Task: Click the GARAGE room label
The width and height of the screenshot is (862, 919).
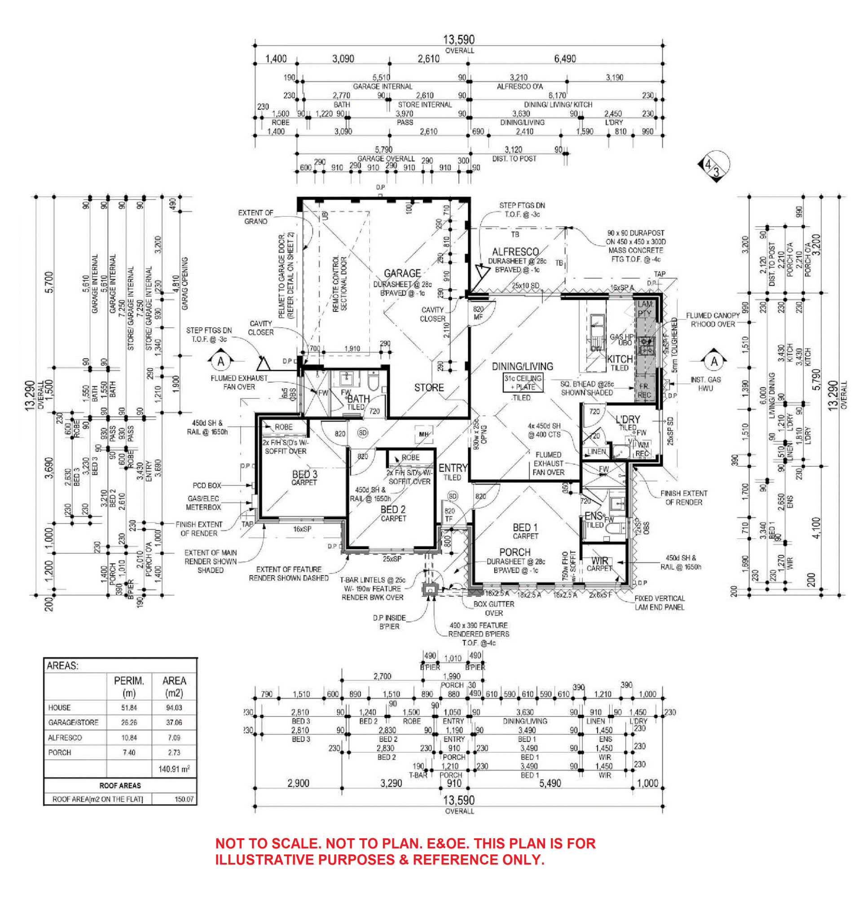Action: click(x=402, y=273)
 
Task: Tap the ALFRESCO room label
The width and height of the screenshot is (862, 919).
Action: click(x=515, y=252)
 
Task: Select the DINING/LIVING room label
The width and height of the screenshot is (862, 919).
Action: click(x=522, y=367)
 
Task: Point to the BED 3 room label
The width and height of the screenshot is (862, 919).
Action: click(x=304, y=474)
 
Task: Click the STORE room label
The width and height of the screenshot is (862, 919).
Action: click(x=429, y=388)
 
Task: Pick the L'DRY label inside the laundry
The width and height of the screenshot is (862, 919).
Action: click(x=628, y=419)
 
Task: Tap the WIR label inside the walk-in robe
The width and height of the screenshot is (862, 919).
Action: click(x=600, y=561)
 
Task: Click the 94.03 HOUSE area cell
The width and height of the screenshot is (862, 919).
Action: click(x=174, y=708)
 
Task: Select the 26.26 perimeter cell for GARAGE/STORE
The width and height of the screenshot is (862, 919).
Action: click(x=129, y=722)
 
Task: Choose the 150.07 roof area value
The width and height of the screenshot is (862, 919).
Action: click(x=184, y=799)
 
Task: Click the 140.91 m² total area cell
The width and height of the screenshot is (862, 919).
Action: click(x=174, y=769)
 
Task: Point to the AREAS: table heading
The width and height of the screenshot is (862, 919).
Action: click(x=62, y=666)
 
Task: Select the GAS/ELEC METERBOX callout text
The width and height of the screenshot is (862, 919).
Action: click(x=203, y=503)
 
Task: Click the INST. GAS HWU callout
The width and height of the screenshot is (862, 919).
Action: click(x=705, y=384)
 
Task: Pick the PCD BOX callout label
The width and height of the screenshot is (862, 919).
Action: click(x=207, y=486)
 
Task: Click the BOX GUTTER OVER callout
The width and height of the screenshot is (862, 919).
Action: click(x=493, y=608)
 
